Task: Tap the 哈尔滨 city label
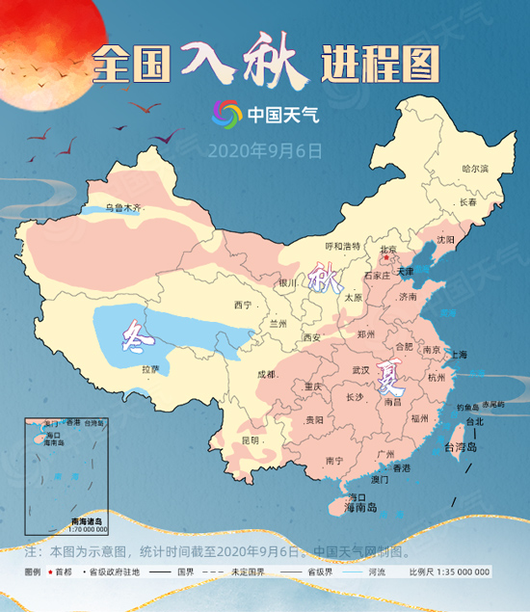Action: click(475, 169)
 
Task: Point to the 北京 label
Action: click(388, 251)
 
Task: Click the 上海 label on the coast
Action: click(458, 355)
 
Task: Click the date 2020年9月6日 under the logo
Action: click(265, 150)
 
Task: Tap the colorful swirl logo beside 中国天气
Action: click(227, 114)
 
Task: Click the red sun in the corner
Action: click(39, 39)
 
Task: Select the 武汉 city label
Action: click(362, 370)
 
